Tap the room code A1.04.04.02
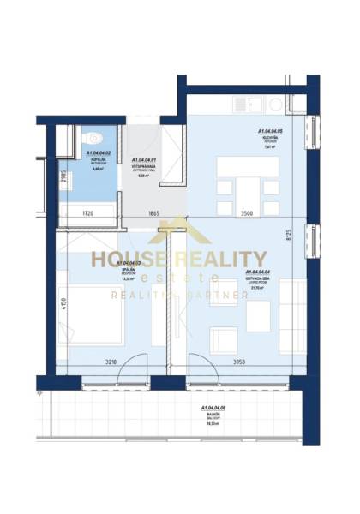point(97,154)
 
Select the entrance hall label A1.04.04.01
point(143,160)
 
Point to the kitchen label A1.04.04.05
point(270,132)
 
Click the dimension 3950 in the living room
point(242,362)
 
